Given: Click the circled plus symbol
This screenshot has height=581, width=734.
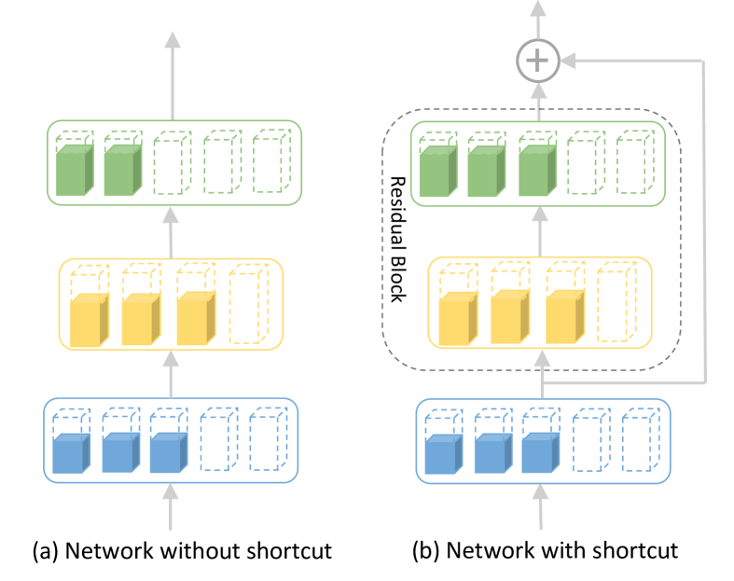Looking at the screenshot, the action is (538, 61).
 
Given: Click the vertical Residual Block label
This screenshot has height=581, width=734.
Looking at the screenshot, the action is (398, 240).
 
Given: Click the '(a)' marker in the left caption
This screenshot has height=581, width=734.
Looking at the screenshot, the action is (46, 551).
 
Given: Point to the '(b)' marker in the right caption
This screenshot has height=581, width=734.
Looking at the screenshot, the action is (426, 551).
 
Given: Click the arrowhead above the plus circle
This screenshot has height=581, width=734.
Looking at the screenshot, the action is (538, 8).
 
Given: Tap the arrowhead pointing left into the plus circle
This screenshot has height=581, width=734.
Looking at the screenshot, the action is (568, 61).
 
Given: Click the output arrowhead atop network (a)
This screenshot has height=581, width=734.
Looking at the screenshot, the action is (173, 40).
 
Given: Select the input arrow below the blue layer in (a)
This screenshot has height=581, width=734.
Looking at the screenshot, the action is (170, 507).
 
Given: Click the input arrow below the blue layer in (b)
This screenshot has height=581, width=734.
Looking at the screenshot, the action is (541, 507).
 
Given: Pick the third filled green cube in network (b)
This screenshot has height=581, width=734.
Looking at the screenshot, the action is (537, 171).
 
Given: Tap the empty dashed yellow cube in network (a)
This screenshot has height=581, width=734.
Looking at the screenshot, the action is (249, 303).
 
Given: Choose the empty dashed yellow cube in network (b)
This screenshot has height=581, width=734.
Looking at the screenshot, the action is (617, 302).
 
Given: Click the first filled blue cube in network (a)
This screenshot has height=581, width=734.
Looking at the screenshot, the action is (71, 453).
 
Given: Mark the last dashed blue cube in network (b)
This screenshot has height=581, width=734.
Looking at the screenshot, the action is (641, 439).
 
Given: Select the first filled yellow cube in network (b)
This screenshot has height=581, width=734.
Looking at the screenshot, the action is (458, 318).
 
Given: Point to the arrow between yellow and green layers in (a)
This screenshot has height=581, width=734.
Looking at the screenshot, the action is (171, 233).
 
